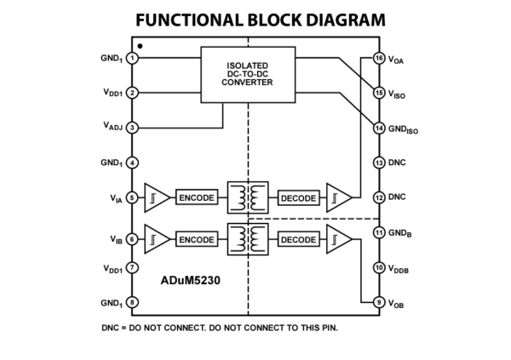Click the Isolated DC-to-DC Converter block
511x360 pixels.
pyautogui.click(x=248, y=75)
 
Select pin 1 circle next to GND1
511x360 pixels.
pyautogui.click(x=132, y=59)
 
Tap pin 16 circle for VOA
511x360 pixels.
pyautogui.click(x=379, y=59)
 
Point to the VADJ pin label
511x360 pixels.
pyautogui.click(x=112, y=126)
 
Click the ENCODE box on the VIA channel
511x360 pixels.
pyautogui.click(x=197, y=197)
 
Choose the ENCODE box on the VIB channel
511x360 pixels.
pyautogui.click(x=197, y=239)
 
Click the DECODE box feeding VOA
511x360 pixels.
pyautogui.click(x=299, y=197)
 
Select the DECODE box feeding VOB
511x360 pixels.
pyautogui.click(x=299, y=239)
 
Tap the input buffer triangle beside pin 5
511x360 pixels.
pyautogui.click(x=157, y=197)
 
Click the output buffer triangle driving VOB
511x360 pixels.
pyautogui.click(x=339, y=239)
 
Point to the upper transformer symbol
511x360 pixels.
pyautogui.click(x=248, y=197)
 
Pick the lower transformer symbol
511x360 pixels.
pyautogui.click(x=248, y=239)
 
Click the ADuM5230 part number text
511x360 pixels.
pyautogui.click(x=190, y=281)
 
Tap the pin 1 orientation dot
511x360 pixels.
pyautogui.click(x=141, y=46)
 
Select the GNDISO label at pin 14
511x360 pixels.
pyautogui.click(x=403, y=129)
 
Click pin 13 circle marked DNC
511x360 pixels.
pyautogui.click(x=379, y=163)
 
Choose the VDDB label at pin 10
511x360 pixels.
pyautogui.click(x=399, y=269)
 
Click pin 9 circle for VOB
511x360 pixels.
pyautogui.click(x=379, y=302)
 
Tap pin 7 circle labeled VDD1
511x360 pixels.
pyautogui.click(x=132, y=267)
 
